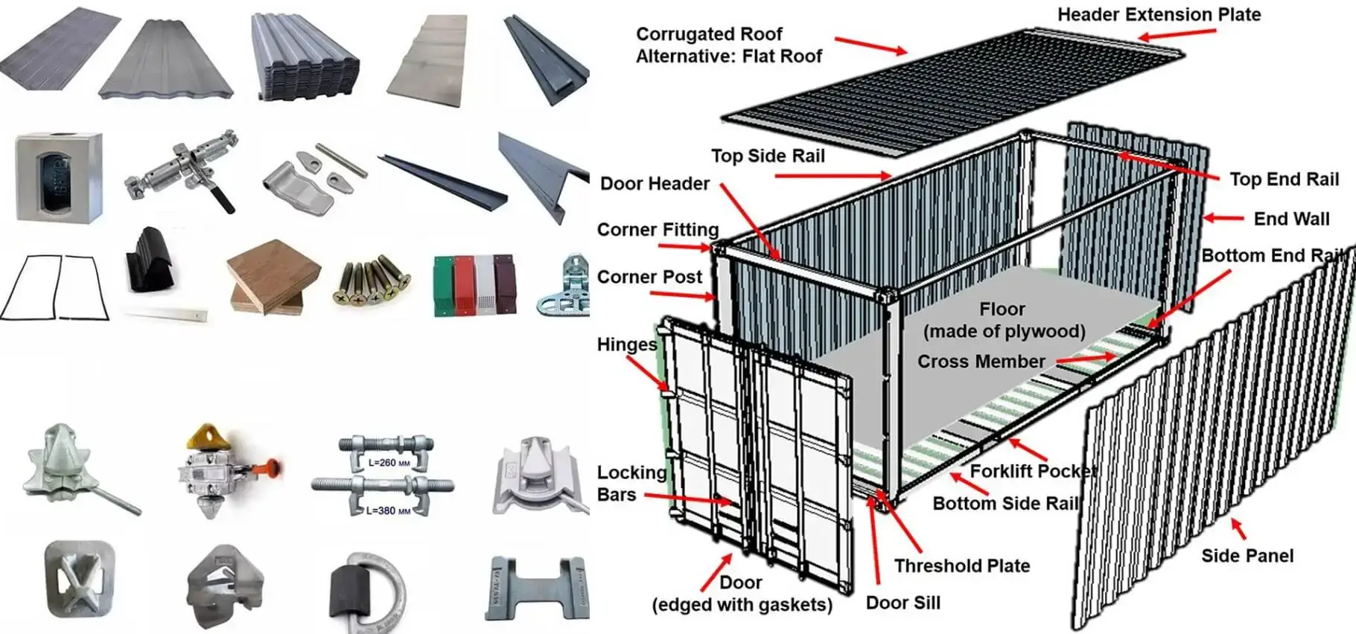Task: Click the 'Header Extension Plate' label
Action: click(1159, 14)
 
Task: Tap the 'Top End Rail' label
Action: click(1284, 179)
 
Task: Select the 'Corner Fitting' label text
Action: click(658, 229)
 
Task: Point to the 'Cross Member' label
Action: click(981, 362)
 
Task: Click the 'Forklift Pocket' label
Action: click(1032, 471)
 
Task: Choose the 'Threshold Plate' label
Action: click(961, 566)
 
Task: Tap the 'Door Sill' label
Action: click(903, 603)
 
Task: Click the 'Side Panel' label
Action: click(1247, 556)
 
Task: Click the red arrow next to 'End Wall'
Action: click(1223, 218)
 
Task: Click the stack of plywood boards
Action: click(273, 278)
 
